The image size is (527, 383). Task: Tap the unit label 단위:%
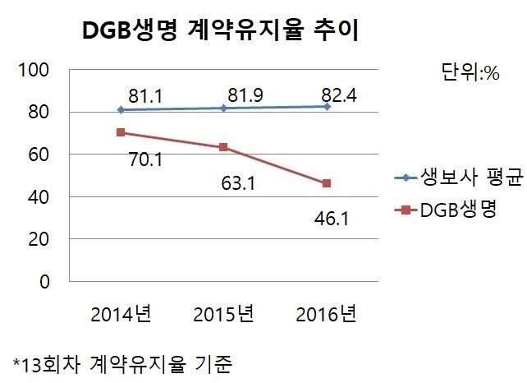point(470,72)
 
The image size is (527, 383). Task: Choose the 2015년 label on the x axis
point(224,314)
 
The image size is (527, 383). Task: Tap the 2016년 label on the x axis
point(327,314)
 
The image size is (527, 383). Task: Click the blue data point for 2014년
point(121,109)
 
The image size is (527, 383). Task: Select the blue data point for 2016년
point(327,107)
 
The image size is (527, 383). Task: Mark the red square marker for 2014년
point(121,132)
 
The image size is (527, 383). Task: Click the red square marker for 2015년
point(224,147)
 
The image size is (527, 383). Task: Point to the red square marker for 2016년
point(327,183)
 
